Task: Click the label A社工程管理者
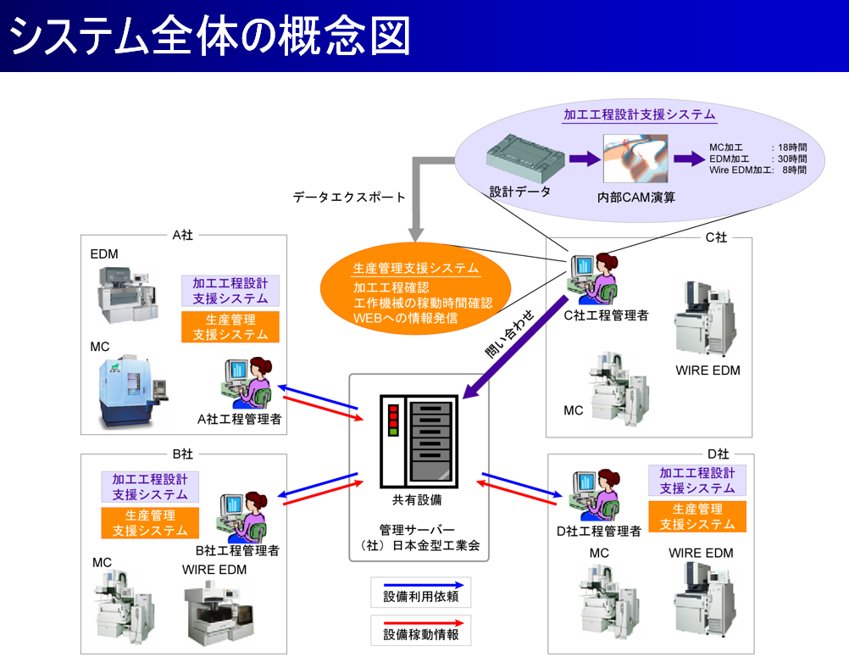tap(239, 419)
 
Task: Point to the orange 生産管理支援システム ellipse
tap(415, 292)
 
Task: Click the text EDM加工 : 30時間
tap(757, 159)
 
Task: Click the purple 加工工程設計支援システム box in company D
tap(696, 481)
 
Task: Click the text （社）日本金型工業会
tap(419, 546)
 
